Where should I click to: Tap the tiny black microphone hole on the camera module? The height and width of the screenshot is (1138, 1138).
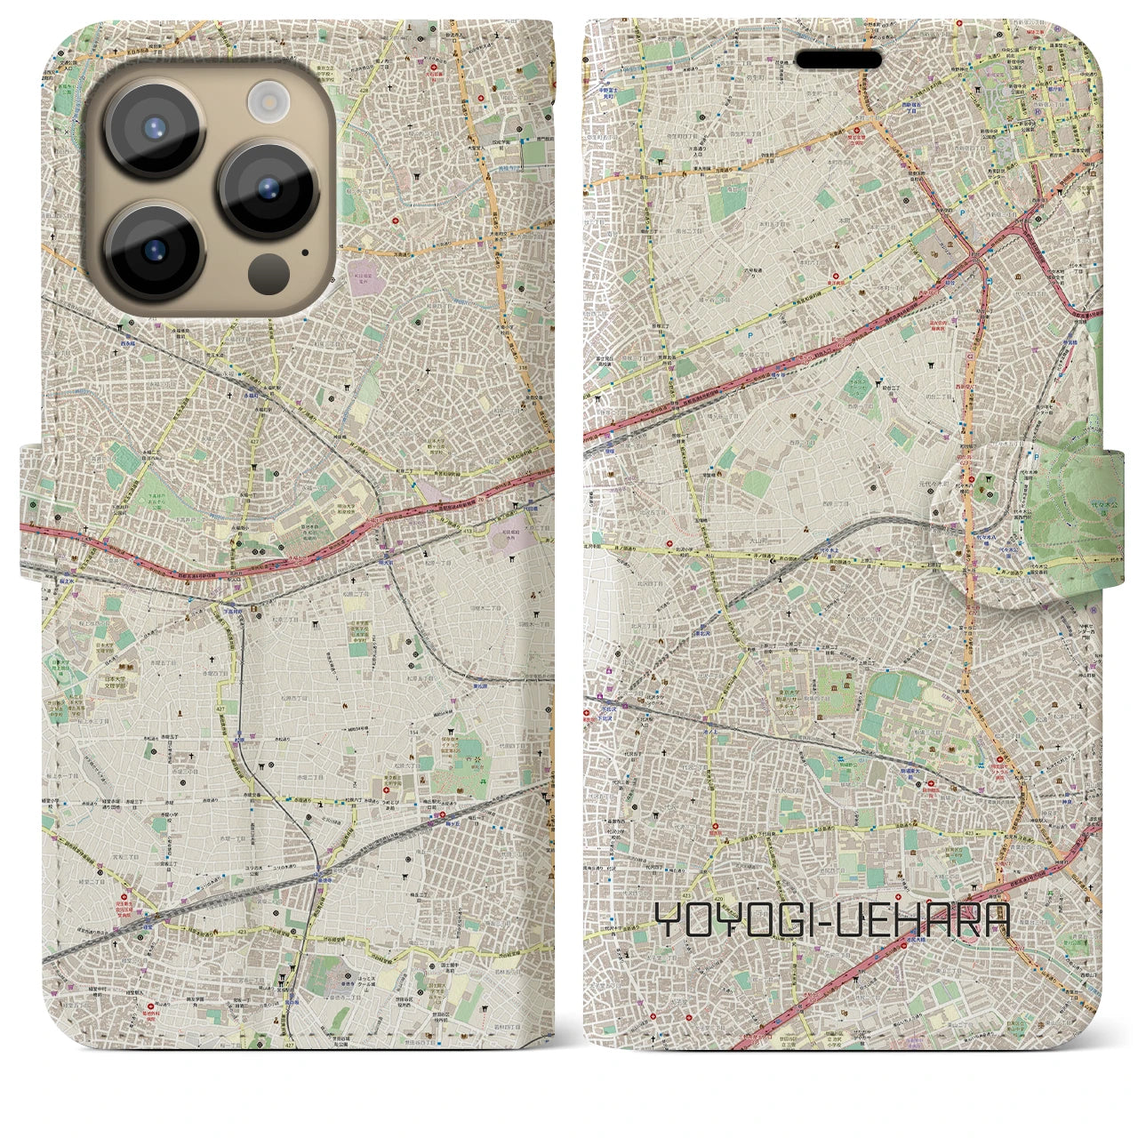click(x=305, y=252)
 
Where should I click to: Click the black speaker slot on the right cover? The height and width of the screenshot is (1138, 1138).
click(x=837, y=60)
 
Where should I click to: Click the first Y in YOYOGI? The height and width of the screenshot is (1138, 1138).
click(x=669, y=922)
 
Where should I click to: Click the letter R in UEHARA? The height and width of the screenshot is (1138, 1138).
click(x=968, y=922)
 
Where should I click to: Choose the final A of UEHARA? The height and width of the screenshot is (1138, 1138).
click(x=998, y=922)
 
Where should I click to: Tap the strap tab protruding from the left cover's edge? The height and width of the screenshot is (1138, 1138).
click(x=32, y=507)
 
